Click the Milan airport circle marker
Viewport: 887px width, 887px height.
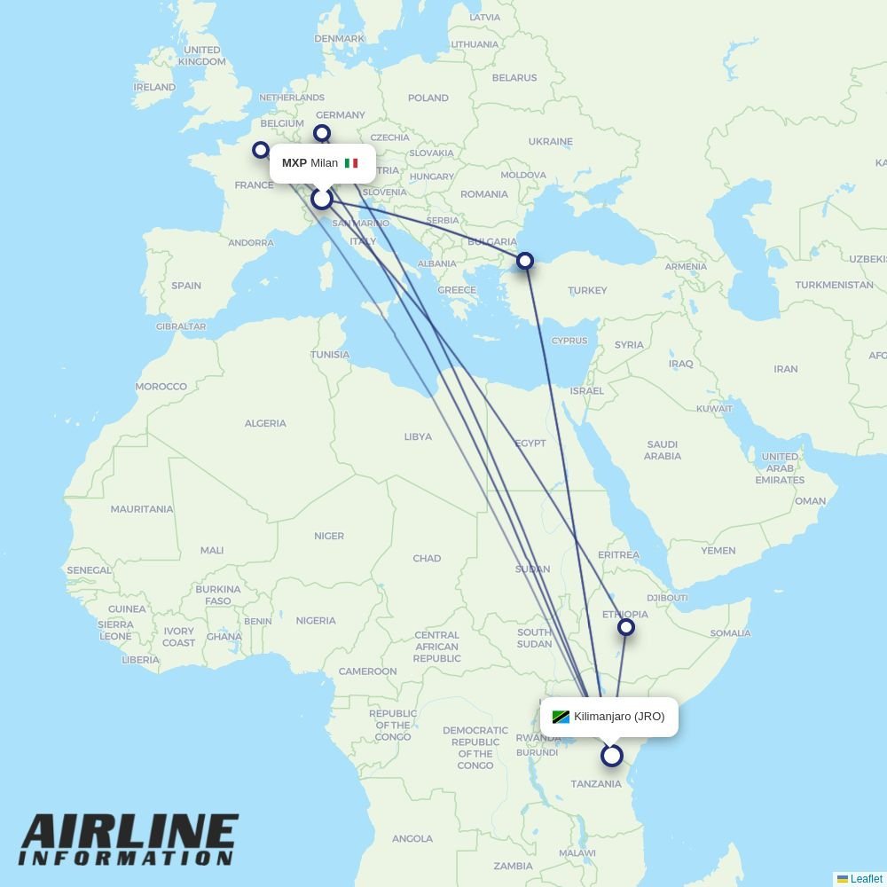pos(322,199)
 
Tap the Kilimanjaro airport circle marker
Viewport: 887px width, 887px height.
pos(612,756)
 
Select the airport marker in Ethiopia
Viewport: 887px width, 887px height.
pos(626,628)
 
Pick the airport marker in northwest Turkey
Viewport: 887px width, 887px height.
pos(525,261)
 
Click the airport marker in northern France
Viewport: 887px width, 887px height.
pos(261,150)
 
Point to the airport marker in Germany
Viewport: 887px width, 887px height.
pos(322,133)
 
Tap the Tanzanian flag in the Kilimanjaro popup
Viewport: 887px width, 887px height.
pos(561,717)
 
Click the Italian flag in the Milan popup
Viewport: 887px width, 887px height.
pos(351,163)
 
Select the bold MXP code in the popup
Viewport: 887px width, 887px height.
pos(294,163)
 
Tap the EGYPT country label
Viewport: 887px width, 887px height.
pos(530,443)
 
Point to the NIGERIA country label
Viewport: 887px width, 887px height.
pos(316,620)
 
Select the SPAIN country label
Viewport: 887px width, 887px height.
pos(186,286)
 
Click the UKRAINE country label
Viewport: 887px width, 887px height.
pos(550,141)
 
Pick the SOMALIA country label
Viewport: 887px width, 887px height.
pos(730,633)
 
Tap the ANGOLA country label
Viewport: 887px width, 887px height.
pos(412,838)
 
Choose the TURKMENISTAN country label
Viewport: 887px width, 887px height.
pos(834,285)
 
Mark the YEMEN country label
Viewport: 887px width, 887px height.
pos(718,551)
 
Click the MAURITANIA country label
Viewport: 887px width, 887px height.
pos(142,509)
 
